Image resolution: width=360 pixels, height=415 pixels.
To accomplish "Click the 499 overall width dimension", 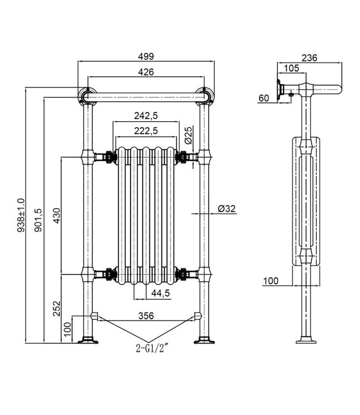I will [146, 57].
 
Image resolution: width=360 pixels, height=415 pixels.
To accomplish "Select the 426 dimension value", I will [146, 72].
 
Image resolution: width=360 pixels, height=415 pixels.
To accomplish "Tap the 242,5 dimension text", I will [146, 116].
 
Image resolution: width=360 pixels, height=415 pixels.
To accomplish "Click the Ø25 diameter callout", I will [188, 134].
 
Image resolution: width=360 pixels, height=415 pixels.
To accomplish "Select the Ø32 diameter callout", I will [227, 209].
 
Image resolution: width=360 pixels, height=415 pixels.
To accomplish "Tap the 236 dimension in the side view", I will [310, 57].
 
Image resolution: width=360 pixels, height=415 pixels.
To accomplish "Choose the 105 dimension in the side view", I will [291, 68].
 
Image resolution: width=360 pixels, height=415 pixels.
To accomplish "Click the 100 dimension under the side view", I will [271, 281].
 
